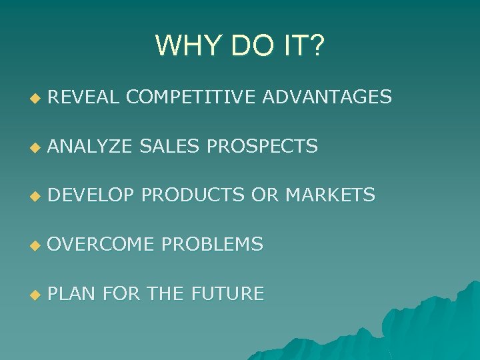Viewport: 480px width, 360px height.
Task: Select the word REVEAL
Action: tap(83, 97)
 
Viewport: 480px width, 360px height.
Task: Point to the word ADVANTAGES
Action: tap(327, 97)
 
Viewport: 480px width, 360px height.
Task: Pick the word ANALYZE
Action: tap(89, 146)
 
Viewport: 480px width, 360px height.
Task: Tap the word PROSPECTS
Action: tap(262, 146)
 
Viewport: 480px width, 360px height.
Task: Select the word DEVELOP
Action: tap(91, 195)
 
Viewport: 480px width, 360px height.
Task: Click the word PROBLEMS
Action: tap(213, 245)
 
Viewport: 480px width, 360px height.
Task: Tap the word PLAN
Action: tap(72, 293)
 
